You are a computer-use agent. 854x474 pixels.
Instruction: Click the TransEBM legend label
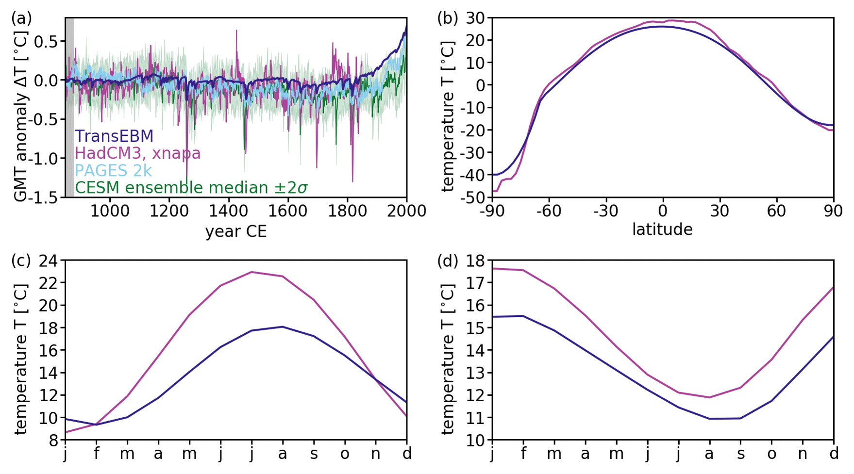[x=114, y=136]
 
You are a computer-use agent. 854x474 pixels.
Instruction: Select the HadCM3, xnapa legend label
[x=137, y=153]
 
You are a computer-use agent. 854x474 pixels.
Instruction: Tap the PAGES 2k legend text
[x=113, y=170]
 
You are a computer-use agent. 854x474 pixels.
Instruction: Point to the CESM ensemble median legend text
[x=191, y=188]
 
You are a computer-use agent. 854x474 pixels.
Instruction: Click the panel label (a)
[x=21, y=18]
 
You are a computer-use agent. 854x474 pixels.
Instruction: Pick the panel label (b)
[x=448, y=18]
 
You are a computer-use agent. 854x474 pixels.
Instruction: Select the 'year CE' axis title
[x=236, y=231]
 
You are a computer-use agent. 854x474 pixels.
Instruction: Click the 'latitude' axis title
[x=662, y=229]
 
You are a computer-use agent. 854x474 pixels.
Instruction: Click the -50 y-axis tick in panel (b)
[x=473, y=197]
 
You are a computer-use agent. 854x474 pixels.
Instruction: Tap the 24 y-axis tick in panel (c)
[x=49, y=261]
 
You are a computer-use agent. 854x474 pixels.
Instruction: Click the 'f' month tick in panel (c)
[x=97, y=454]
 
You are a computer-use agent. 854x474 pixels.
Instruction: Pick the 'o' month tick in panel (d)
[x=771, y=454]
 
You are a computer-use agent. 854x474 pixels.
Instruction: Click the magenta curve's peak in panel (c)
[x=251, y=272]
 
